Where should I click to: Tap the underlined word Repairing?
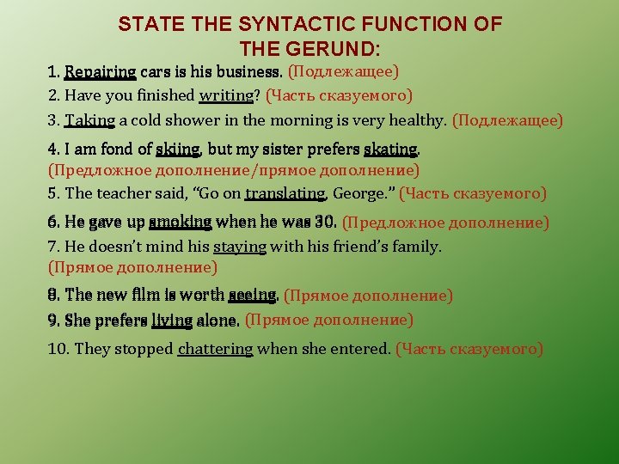101,71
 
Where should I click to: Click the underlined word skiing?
178,150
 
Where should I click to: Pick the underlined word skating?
392,150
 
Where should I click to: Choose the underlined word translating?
285,194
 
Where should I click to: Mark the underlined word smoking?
180,223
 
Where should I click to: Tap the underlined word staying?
242,247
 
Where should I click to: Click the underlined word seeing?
252,296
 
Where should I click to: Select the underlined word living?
172,321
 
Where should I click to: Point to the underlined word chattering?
215,349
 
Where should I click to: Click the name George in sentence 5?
363,194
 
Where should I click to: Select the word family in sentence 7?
417,247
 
